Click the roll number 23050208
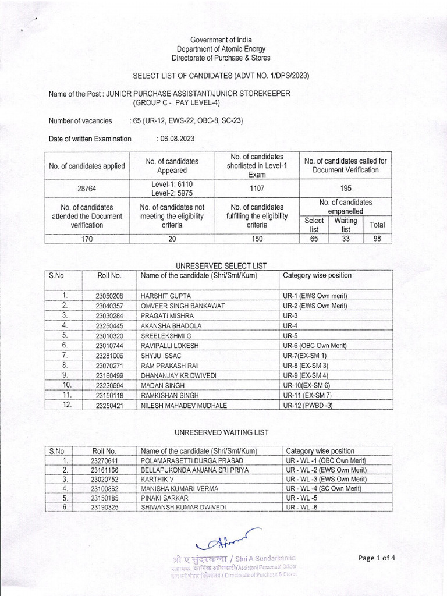coord(109,296)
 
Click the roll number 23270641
coord(105,460)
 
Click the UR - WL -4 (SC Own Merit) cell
coord(326,489)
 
